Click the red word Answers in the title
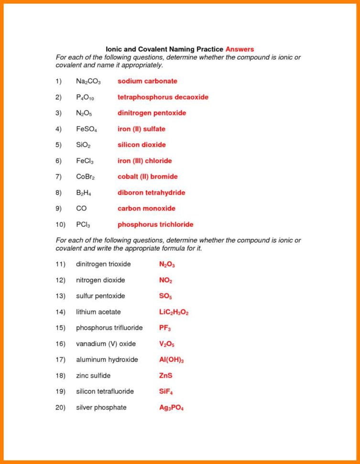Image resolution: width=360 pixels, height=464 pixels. tap(240, 49)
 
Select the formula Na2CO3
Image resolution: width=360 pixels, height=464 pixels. tap(88, 82)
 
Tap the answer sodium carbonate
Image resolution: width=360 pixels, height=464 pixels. tap(147, 81)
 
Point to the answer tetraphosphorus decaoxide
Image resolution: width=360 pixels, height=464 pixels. tap(163, 97)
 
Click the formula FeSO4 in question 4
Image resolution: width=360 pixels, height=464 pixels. tap(87, 129)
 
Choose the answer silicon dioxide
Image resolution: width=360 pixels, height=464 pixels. tap(142, 145)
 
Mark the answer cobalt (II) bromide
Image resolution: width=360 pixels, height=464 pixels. tap(147, 177)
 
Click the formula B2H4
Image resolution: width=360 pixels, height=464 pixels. tap(85, 193)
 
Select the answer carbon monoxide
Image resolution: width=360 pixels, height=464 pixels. tap(146, 209)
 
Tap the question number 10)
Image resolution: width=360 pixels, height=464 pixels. tap(61, 224)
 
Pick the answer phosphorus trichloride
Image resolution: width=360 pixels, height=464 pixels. tap(155, 224)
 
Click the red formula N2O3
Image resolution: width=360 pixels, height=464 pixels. tap(167, 265)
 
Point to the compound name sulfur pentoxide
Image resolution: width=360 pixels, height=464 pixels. tap(100, 296)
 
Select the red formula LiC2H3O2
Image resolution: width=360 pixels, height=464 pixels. tap(174, 312)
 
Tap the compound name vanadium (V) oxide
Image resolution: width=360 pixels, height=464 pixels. tap(106, 344)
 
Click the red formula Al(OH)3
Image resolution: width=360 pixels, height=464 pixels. tap(171, 360)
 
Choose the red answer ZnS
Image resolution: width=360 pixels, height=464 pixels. tap(165, 376)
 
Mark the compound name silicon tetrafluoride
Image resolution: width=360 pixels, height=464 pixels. tap(105, 391)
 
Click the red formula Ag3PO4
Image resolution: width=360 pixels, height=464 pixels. tap(171, 408)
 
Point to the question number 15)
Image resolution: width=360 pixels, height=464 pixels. tap(61, 328)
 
